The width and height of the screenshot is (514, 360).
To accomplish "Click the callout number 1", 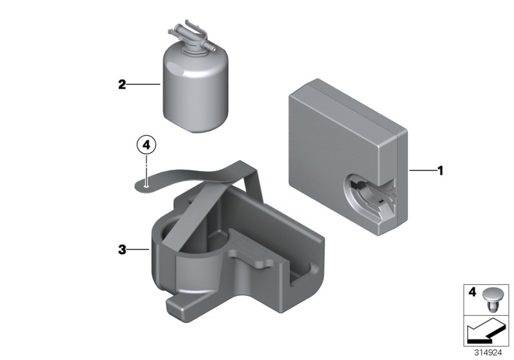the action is [x=441, y=171].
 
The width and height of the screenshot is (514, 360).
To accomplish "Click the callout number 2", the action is [x=122, y=85].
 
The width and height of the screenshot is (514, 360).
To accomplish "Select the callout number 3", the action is [x=122, y=250].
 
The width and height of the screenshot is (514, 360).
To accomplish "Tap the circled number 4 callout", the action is [x=146, y=145].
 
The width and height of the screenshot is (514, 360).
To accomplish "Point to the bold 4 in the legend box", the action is [x=472, y=292].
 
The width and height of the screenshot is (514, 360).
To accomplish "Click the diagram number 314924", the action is [x=488, y=353].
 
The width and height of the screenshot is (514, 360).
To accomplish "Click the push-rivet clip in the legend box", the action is [x=492, y=300].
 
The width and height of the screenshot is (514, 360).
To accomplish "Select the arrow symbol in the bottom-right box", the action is [x=486, y=331].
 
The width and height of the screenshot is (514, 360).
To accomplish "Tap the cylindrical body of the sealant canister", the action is [x=196, y=89].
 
